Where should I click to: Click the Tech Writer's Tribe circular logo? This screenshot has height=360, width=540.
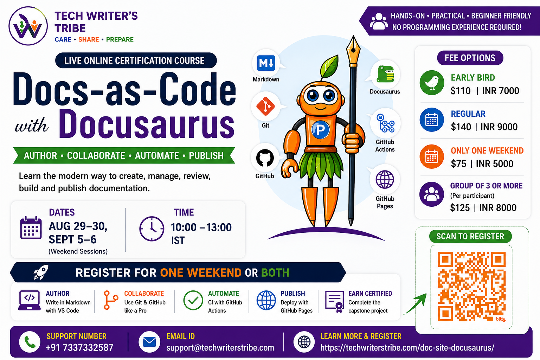[x=28, y=26]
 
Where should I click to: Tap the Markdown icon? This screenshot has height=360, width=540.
[x=266, y=63]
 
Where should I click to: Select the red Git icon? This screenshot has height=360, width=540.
[x=265, y=106]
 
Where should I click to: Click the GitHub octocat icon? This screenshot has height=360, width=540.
[x=265, y=158]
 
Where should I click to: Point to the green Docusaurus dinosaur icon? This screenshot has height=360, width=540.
[x=385, y=74]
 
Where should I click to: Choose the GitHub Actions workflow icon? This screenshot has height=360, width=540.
[x=385, y=123]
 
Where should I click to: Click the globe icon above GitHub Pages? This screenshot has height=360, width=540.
[x=385, y=179]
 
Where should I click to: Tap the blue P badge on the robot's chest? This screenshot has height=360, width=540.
[x=320, y=130]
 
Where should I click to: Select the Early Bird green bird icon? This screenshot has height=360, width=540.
[x=432, y=83]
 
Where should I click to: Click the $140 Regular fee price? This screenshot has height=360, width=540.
[x=461, y=127]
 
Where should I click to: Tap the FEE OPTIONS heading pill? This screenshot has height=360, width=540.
[x=470, y=58]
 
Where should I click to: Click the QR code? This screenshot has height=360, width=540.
[x=471, y=287]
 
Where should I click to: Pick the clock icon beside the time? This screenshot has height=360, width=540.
[x=152, y=229]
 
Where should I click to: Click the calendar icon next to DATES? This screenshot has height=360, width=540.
[x=31, y=227]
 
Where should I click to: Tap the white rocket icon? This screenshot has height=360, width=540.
[x=41, y=272]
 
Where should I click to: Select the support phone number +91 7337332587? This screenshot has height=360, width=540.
[x=79, y=347]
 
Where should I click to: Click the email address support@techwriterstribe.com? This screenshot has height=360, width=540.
[x=220, y=347]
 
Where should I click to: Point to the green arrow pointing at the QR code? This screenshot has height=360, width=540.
[x=415, y=304]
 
